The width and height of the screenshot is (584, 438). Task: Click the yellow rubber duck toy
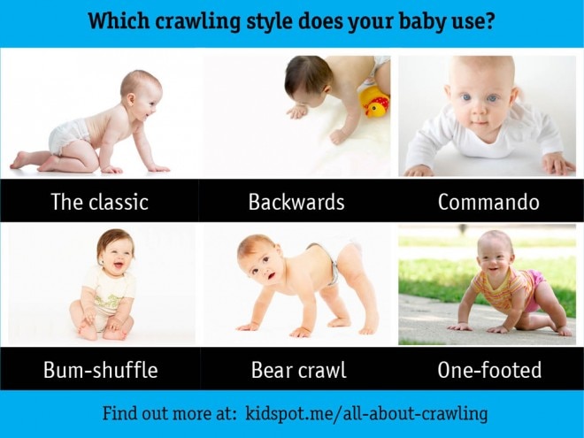(374, 102)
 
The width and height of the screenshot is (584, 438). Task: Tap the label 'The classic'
(99, 202)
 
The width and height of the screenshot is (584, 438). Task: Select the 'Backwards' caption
(296, 202)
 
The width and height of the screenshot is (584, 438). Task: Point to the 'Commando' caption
(488, 202)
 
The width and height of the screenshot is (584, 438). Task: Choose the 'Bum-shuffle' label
(101, 370)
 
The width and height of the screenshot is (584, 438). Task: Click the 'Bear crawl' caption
(299, 370)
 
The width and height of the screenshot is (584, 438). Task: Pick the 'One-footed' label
(489, 370)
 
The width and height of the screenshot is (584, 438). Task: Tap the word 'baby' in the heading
(421, 21)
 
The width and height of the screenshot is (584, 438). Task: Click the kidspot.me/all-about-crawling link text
(366, 414)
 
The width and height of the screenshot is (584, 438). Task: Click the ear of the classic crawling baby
(131, 100)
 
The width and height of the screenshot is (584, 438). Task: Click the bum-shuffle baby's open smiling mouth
(119, 265)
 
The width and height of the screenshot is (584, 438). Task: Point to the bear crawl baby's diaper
(330, 261)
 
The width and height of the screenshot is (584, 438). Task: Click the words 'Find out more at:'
(170, 413)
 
